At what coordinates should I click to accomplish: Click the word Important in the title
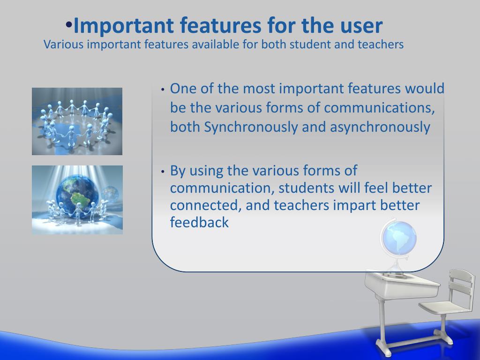click(124, 25)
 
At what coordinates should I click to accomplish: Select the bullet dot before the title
click(68, 25)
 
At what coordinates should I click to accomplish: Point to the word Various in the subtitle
click(63, 45)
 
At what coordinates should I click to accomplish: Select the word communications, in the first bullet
click(379, 108)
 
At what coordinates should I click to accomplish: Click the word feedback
click(199, 222)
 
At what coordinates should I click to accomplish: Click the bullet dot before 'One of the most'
click(163, 90)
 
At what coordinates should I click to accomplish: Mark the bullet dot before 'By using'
click(163, 172)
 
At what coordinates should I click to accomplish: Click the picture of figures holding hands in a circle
click(77, 121)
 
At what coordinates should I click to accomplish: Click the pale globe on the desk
click(398, 237)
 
